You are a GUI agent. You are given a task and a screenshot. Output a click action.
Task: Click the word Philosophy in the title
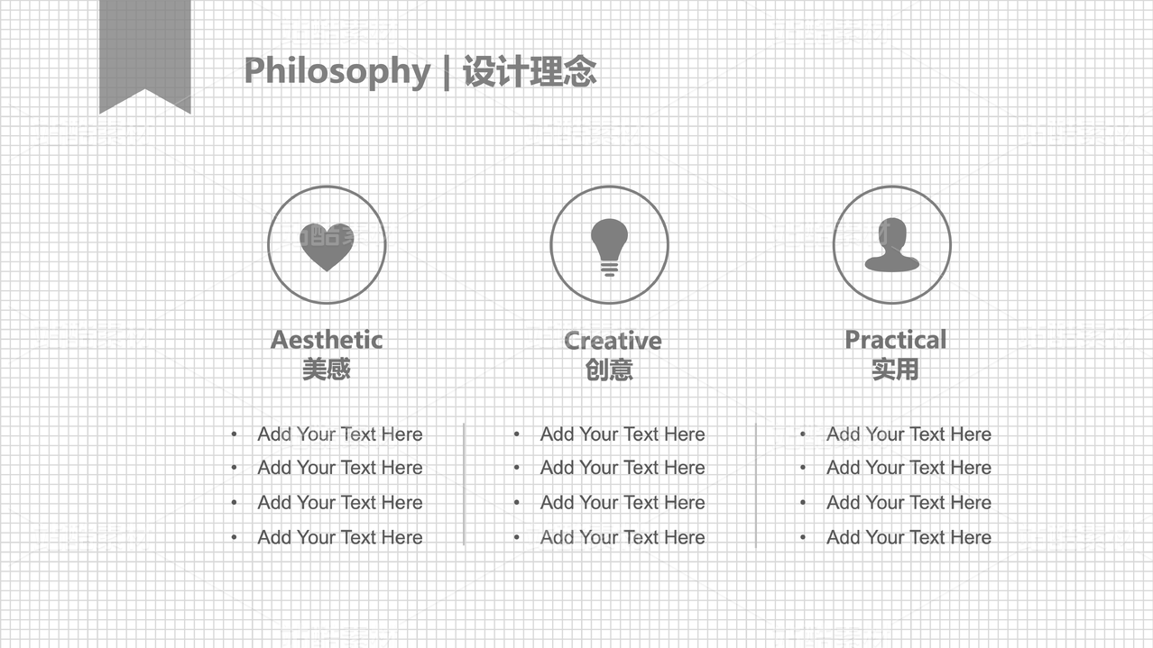coord(337,71)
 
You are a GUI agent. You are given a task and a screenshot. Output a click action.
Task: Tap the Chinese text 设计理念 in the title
coord(530,71)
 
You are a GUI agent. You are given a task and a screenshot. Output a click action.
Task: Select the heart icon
coord(327,247)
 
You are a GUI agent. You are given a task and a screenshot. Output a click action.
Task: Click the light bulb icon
coord(610,247)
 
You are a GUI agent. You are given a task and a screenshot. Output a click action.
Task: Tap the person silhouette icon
coord(892,245)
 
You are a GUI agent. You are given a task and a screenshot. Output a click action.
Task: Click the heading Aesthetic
coord(327,340)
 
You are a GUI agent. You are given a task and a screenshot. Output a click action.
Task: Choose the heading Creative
coord(613,341)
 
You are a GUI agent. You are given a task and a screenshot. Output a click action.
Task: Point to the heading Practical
coord(896,340)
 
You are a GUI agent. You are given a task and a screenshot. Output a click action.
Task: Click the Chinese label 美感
coord(327,370)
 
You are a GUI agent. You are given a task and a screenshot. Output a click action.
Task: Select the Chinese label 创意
coord(609,370)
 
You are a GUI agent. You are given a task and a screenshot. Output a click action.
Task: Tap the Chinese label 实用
coord(895,370)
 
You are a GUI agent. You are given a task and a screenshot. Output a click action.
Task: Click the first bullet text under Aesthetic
coord(340,434)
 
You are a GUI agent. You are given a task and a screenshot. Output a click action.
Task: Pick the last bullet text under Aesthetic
coord(340,537)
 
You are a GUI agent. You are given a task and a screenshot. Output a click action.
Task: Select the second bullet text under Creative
coord(623,468)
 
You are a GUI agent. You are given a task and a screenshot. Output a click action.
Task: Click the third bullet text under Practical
coord(909,503)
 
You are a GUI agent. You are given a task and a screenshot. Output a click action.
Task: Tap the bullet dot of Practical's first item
coord(802,434)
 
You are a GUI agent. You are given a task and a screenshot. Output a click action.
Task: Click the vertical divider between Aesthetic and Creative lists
coord(464,484)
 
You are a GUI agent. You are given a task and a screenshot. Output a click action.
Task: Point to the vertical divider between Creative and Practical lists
coord(756,485)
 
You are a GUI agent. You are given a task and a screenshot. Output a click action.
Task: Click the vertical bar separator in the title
coord(447,72)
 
